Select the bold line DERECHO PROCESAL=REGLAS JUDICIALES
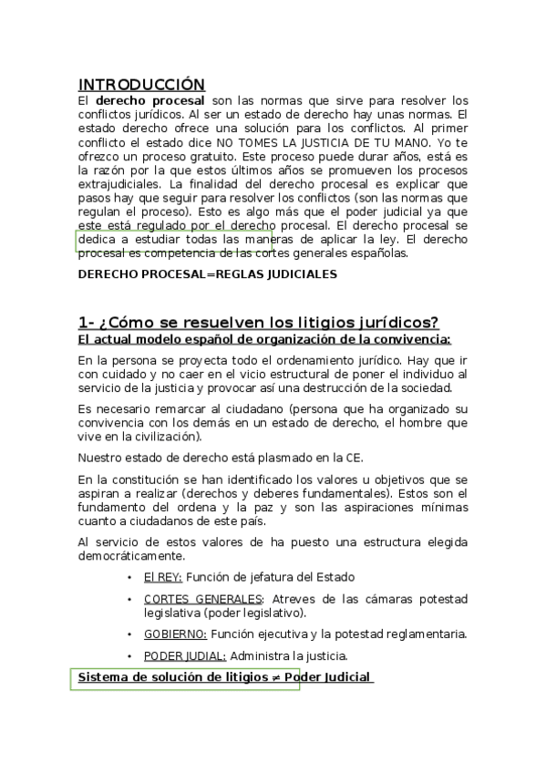(207, 273)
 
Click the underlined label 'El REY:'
(162, 577)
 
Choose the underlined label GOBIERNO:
(175, 634)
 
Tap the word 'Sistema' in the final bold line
(105, 677)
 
